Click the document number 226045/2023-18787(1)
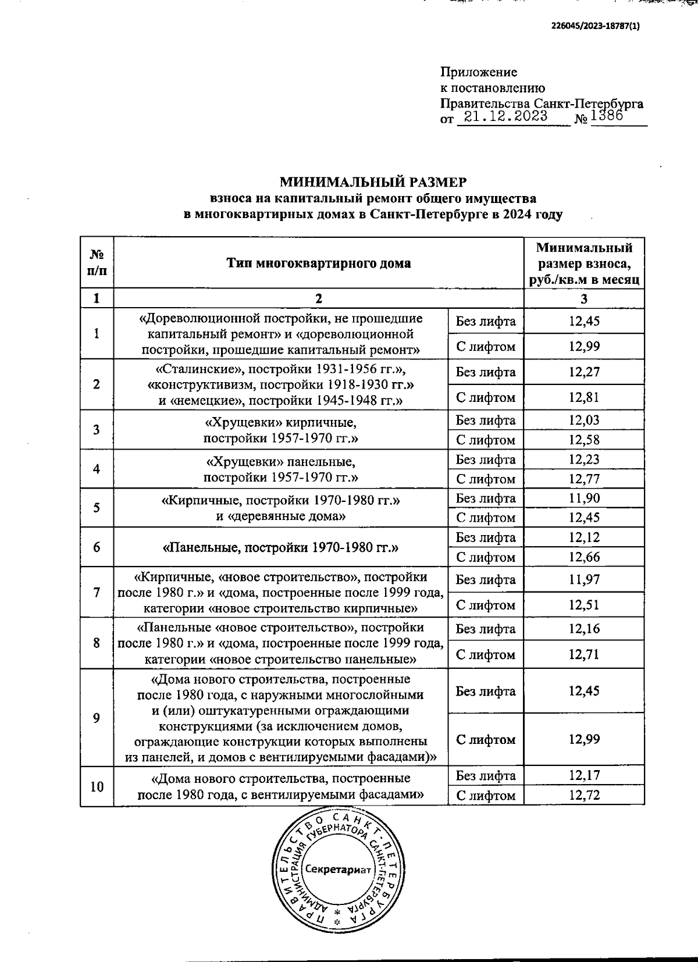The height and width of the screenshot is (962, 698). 595,26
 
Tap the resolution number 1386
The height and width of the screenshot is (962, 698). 606,115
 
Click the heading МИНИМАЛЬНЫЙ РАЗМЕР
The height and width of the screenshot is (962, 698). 373,182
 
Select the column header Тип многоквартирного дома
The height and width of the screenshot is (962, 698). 319,263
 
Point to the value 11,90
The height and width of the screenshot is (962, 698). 584,498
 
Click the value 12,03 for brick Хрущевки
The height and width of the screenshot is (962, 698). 584,420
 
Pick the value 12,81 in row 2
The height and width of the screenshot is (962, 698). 584,397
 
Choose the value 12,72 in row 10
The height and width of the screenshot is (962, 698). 584,795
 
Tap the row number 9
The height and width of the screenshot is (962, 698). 96,718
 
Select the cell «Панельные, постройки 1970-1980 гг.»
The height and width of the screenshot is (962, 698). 280,547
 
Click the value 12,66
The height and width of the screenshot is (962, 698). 584,557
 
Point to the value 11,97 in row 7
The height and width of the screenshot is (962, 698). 584,579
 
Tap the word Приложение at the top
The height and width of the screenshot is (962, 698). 479,72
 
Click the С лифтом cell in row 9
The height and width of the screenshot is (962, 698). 486,740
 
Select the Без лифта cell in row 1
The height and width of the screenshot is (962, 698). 486,321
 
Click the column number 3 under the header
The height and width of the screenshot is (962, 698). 584,299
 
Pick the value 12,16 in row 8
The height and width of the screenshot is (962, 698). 584,629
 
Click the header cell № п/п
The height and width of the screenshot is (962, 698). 97,263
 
